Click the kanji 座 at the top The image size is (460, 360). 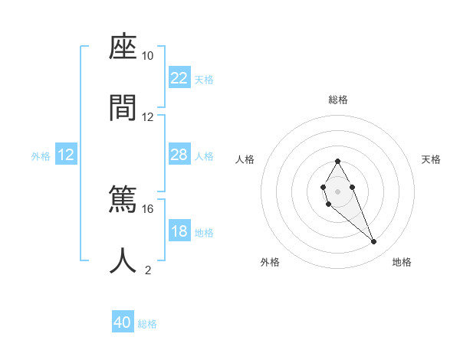click(123, 48)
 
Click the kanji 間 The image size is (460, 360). click(123, 108)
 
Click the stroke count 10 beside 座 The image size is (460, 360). click(147, 56)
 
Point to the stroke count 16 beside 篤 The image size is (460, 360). click(147, 208)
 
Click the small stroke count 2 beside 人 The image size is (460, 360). click(148, 270)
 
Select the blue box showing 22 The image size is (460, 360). click(179, 78)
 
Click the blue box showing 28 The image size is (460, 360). click(179, 155)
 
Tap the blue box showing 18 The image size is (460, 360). click(179, 231)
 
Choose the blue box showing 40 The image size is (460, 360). click(123, 322)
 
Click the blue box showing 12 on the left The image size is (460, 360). click(66, 155)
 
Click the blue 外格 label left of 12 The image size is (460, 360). click(41, 156)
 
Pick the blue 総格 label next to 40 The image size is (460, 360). click(147, 324)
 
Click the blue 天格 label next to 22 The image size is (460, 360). click(204, 80)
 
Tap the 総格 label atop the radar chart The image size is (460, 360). click(338, 100)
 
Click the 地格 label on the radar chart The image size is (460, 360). click(402, 262)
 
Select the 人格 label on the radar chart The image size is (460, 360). click(245, 159)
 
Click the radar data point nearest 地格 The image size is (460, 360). click(374, 242)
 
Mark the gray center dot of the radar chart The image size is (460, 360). click(337, 191)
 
